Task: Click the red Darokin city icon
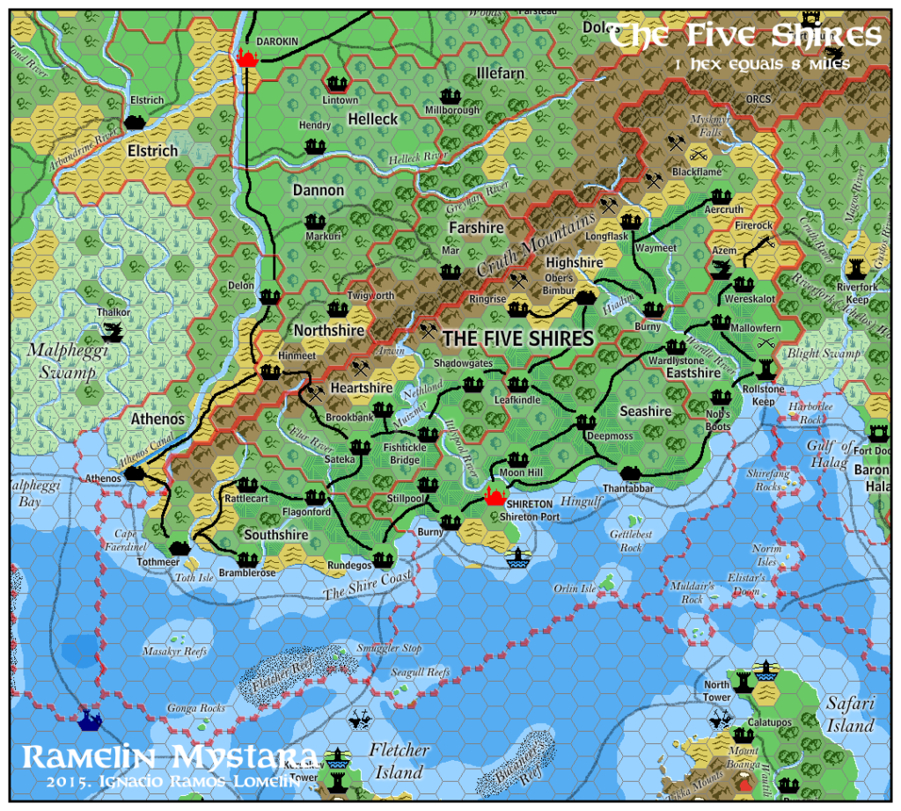tap(247, 58)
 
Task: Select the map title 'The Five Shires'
tap(744, 36)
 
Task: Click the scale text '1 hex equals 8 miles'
tap(758, 64)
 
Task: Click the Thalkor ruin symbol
tap(114, 332)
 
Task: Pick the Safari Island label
tap(850, 714)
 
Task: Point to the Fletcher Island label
tap(399, 762)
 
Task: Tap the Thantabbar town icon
tap(629, 472)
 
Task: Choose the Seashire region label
tap(645, 412)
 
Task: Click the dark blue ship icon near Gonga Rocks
tap(89, 720)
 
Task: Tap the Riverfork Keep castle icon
tap(856, 267)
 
